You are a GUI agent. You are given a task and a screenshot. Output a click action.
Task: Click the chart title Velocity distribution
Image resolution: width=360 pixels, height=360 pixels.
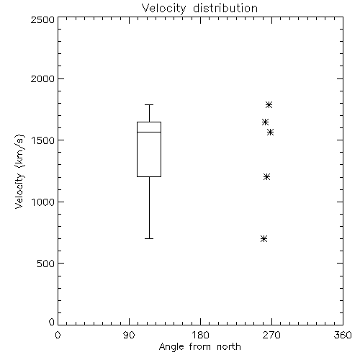pyautogui.click(x=199, y=9)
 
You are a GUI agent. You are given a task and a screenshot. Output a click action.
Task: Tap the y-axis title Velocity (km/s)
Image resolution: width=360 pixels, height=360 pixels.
pyautogui.click(x=19, y=171)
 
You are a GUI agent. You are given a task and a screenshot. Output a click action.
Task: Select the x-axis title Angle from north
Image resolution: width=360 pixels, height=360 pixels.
pyautogui.click(x=199, y=347)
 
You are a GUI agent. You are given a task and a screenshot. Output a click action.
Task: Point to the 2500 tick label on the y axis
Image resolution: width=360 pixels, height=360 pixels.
pyautogui.click(x=42, y=19)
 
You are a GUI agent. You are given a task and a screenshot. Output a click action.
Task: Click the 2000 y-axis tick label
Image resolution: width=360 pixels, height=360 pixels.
pyautogui.click(x=42, y=78)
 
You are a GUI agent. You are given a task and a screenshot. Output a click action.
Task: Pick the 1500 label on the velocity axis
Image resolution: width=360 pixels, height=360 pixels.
pyautogui.click(x=43, y=140)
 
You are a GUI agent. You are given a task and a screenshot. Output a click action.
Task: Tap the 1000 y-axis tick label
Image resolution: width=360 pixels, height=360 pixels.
pyautogui.click(x=43, y=202)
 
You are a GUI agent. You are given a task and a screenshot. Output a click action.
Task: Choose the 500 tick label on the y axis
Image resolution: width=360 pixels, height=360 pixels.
pyautogui.click(x=46, y=264)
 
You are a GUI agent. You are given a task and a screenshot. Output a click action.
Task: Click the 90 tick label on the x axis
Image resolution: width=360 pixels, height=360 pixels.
pyautogui.click(x=129, y=335)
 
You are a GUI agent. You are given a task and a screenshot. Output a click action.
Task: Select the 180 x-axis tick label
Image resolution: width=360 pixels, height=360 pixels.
pyautogui.click(x=200, y=335)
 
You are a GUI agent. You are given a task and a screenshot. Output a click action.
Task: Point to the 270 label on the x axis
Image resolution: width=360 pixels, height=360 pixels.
pyautogui.click(x=271, y=335)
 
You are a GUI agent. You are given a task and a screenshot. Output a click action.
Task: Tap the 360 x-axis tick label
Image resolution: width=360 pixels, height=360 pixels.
pyautogui.click(x=343, y=335)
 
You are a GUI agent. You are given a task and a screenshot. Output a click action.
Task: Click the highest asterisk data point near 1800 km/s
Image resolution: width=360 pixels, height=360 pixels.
pyautogui.click(x=269, y=104)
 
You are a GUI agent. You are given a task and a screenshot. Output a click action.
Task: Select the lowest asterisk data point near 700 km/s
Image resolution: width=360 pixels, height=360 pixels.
pyautogui.click(x=264, y=239)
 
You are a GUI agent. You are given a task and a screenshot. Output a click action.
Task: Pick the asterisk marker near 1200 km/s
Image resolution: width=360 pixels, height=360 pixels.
pyautogui.click(x=266, y=177)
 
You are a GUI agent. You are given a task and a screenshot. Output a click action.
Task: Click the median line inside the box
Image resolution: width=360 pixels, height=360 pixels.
pyautogui.click(x=149, y=132)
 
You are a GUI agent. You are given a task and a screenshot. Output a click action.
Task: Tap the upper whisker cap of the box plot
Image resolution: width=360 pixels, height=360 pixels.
pyautogui.click(x=149, y=104)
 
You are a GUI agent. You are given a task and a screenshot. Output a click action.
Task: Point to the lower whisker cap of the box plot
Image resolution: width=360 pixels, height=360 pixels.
pyautogui.click(x=149, y=239)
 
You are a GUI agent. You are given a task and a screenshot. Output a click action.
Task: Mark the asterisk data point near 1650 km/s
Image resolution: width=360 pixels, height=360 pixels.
pyautogui.click(x=265, y=122)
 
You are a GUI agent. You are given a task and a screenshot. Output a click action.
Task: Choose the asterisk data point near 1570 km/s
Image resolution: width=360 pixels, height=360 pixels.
pyautogui.click(x=271, y=132)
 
